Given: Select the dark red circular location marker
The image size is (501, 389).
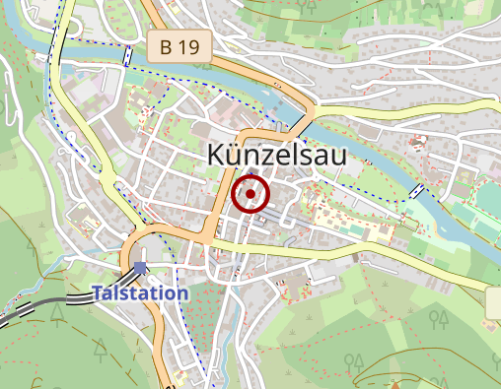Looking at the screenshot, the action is click(x=250, y=194).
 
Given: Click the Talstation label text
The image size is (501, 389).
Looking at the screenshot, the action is click(x=139, y=292).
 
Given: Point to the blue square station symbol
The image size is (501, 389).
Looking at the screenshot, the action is click(x=140, y=267).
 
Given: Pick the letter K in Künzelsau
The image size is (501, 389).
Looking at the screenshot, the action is click(x=218, y=158).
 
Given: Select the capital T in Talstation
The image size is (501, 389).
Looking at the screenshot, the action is click(x=98, y=292).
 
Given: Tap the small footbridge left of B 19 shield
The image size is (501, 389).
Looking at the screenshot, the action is click(x=129, y=56).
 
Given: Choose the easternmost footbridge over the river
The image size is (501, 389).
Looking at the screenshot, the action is click(x=418, y=189).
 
